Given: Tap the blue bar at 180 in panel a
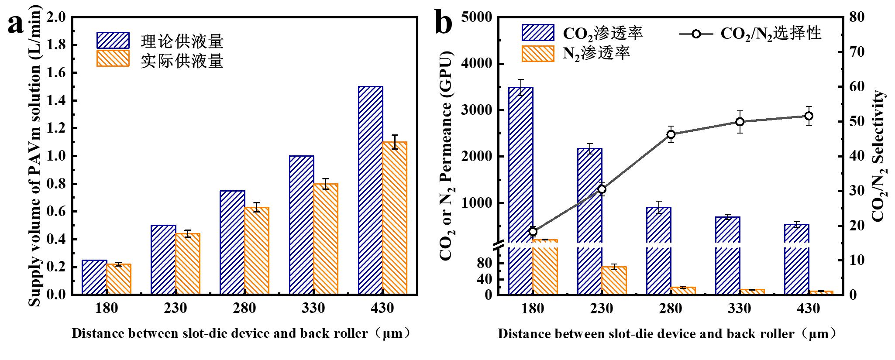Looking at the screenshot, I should coord(94,278).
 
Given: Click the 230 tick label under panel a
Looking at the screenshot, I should coord(176,308).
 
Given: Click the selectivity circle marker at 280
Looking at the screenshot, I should coord(671,134).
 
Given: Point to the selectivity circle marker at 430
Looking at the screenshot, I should coord(809,116).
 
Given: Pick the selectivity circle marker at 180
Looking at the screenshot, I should coord(533,232).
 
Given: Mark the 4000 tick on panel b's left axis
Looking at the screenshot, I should coord(481,64).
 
